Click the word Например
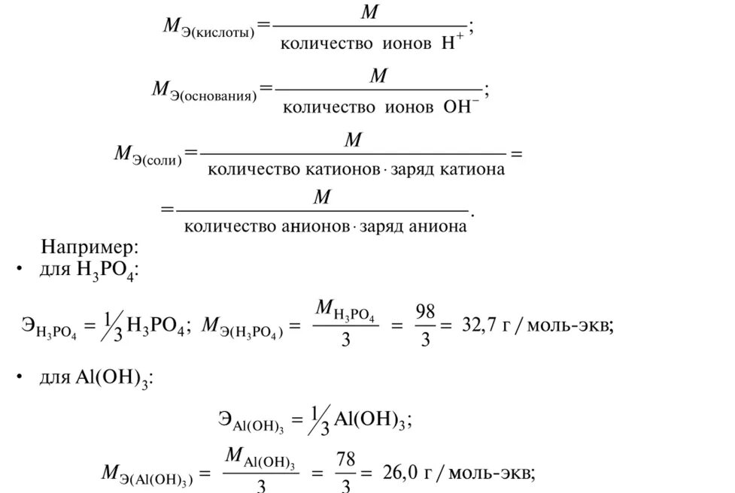[x=90, y=247]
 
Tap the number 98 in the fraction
[x=425, y=310]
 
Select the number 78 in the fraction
[x=346, y=458]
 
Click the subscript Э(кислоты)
[x=217, y=32]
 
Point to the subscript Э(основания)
[x=216, y=96]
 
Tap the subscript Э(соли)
[x=158, y=159]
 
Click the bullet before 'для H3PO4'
[x=17, y=268]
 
